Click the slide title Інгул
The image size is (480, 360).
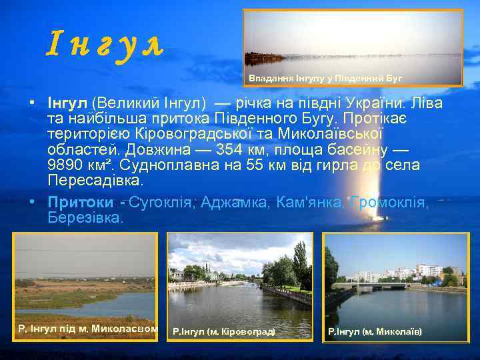tap(105, 45)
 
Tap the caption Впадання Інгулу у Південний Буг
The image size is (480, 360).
tap(325, 78)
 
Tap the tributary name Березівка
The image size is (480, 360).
tap(85, 217)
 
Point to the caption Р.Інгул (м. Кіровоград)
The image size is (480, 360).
tap(224, 331)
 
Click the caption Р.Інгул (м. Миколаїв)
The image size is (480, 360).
tap(375, 331)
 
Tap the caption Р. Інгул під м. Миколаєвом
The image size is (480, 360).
tap(88, 329)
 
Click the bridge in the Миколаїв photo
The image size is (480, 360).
tap(373, 285)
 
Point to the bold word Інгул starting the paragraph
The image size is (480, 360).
tap(67, 104)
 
